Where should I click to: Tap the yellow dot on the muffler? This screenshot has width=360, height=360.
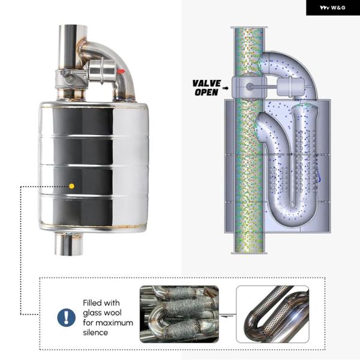71,186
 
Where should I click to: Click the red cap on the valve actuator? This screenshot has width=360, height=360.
121,71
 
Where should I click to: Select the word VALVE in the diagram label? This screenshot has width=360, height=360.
206,83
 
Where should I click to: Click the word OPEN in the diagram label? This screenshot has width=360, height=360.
206,92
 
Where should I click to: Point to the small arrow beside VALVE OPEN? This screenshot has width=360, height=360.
226,88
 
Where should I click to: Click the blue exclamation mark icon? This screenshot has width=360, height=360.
67,317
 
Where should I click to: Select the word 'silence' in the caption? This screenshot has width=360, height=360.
95,332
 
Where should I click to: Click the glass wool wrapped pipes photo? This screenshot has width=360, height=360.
179,314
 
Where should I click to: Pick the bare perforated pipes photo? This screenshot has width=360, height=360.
272,314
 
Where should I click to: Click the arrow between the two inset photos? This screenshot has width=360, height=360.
227,316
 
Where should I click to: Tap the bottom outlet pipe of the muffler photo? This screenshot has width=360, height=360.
68,244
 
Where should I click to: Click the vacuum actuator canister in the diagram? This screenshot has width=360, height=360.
290,87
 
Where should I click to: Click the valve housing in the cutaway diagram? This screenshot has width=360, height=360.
249,87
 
